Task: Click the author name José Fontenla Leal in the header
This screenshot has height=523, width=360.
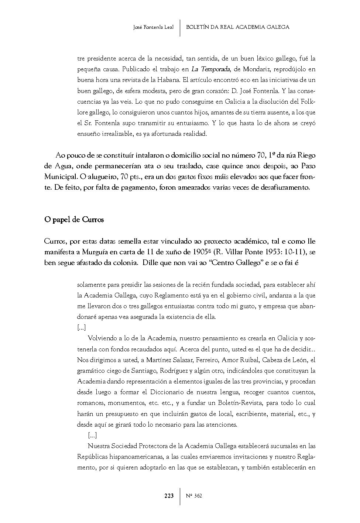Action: click(153, 27)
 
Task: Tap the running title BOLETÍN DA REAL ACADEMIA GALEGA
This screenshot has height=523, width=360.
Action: click(238, 27)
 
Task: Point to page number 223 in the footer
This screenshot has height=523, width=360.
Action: click(169, 496)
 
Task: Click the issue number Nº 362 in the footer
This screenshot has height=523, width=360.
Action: click(194, 496)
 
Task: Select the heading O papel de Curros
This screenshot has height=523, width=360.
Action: click(74, 220)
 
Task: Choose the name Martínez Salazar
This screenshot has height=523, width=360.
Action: click(169, 360)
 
